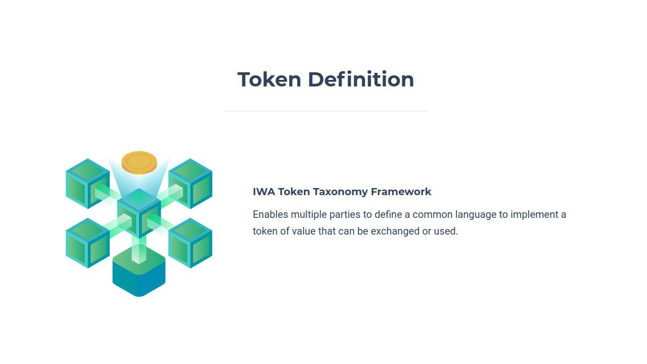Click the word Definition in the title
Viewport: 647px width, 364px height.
point(360,79)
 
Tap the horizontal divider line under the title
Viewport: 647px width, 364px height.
point(326,111)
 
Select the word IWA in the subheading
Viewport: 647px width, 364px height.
point(263,192)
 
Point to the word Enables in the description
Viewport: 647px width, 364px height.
point(270,214)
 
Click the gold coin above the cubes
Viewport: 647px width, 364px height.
point(139,163)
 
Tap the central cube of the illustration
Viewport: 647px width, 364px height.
point(139,212)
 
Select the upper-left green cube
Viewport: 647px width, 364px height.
point(87,183)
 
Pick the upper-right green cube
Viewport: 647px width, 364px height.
point(190,183)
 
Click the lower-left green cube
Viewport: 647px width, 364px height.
point(87,243)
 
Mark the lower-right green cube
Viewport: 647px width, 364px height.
point(190,243)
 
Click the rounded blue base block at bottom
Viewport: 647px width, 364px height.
point(139,276)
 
